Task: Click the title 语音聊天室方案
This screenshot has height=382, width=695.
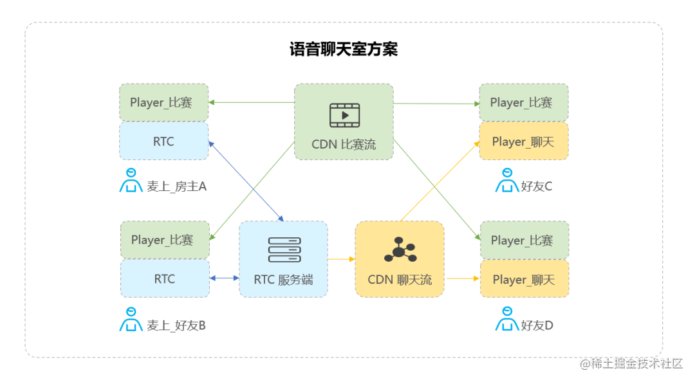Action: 344,50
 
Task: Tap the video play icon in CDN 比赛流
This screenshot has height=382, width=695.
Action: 344,115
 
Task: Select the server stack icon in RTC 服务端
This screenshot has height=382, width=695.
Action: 284,250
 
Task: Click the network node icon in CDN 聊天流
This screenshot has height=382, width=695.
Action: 400,250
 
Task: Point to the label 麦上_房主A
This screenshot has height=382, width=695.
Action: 176,186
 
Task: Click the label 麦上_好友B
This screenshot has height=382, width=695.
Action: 176,325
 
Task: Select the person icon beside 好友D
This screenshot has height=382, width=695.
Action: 507,320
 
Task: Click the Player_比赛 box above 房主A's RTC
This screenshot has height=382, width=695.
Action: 163,102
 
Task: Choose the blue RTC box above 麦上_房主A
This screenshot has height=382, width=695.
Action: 163,141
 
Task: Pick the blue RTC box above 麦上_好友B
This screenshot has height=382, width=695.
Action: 165,279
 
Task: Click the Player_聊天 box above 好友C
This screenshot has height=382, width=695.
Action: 523,141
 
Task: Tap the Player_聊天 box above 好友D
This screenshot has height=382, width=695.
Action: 524,280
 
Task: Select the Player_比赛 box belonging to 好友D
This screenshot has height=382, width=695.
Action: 524,241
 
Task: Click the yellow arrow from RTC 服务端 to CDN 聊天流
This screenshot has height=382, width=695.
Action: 342,259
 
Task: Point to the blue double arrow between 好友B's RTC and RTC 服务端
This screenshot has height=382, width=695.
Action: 225,278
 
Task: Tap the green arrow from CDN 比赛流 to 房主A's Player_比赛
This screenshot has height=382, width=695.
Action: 252,102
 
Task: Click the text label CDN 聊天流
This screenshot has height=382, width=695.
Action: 400,280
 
